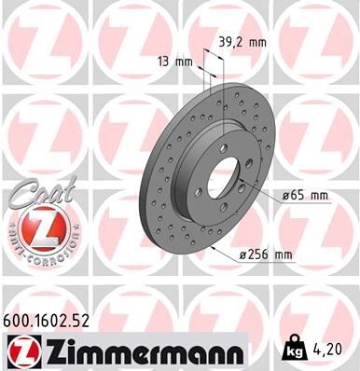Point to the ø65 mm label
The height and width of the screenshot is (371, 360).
[x=303, y=196]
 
